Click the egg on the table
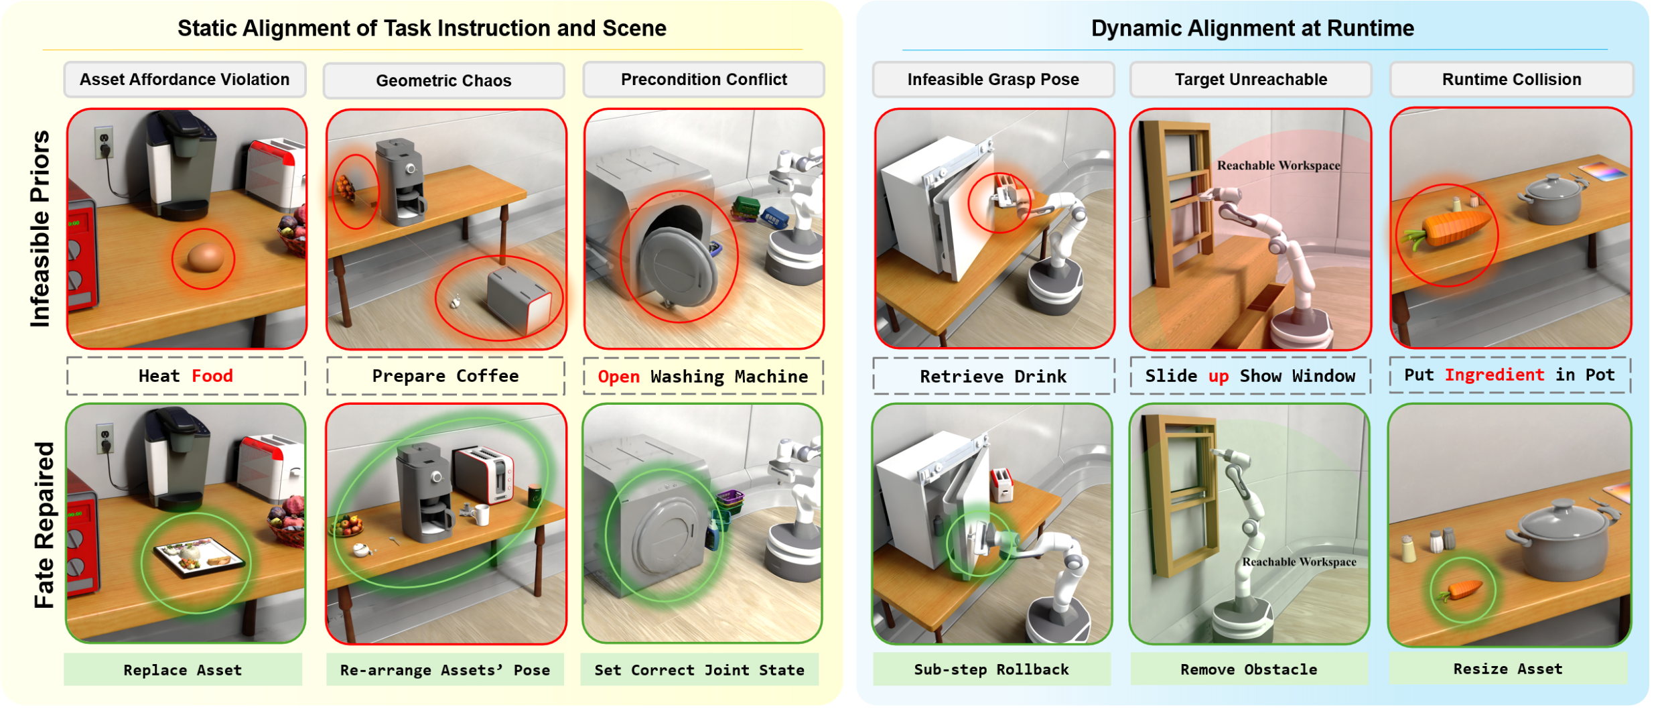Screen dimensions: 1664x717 (205, 257)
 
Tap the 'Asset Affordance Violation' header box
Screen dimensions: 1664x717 (185, 80)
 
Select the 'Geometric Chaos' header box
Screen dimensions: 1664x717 (444, 80)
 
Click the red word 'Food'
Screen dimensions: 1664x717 (212, 376)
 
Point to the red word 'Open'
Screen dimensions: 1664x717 (618, 377)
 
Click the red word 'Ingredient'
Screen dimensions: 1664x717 (1494, 375)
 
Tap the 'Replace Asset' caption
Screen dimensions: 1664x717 (183, 669)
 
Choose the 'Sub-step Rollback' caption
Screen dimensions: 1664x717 (991, 669)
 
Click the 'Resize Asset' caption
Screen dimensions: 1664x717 (1508, 668)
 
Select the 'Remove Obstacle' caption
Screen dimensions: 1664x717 (1249, 669)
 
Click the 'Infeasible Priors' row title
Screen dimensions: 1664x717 (40, 229)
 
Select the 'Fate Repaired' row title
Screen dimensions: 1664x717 (44, 525)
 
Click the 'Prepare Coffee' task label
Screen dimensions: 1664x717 (445, 376)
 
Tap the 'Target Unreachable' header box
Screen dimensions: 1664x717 (1251, 80)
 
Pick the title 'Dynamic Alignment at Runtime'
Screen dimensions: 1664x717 (1253, 28)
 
